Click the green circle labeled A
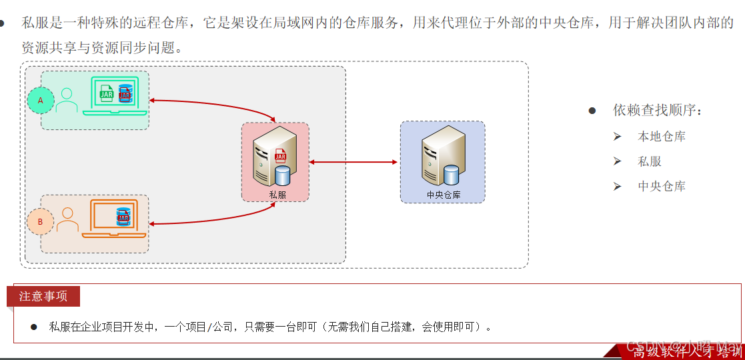click(40, 100)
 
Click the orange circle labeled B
click(40, 222)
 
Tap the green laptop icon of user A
click(111, 96)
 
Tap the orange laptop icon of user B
click(113, 218)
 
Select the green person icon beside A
click(67, 101)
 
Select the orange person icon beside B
click(67, 220)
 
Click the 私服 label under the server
click(277, 195)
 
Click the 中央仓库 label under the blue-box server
click(444, 195)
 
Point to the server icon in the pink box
click(273, 157)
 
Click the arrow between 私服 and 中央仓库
click(353, 162)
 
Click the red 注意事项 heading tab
click(43, 296)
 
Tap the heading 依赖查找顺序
click(658, 111)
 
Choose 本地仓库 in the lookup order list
click(662, 137)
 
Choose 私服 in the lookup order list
click(650, 161)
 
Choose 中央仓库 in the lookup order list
click(662, 187)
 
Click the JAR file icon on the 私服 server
click(280, 157)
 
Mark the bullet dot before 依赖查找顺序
click(592, 111)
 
